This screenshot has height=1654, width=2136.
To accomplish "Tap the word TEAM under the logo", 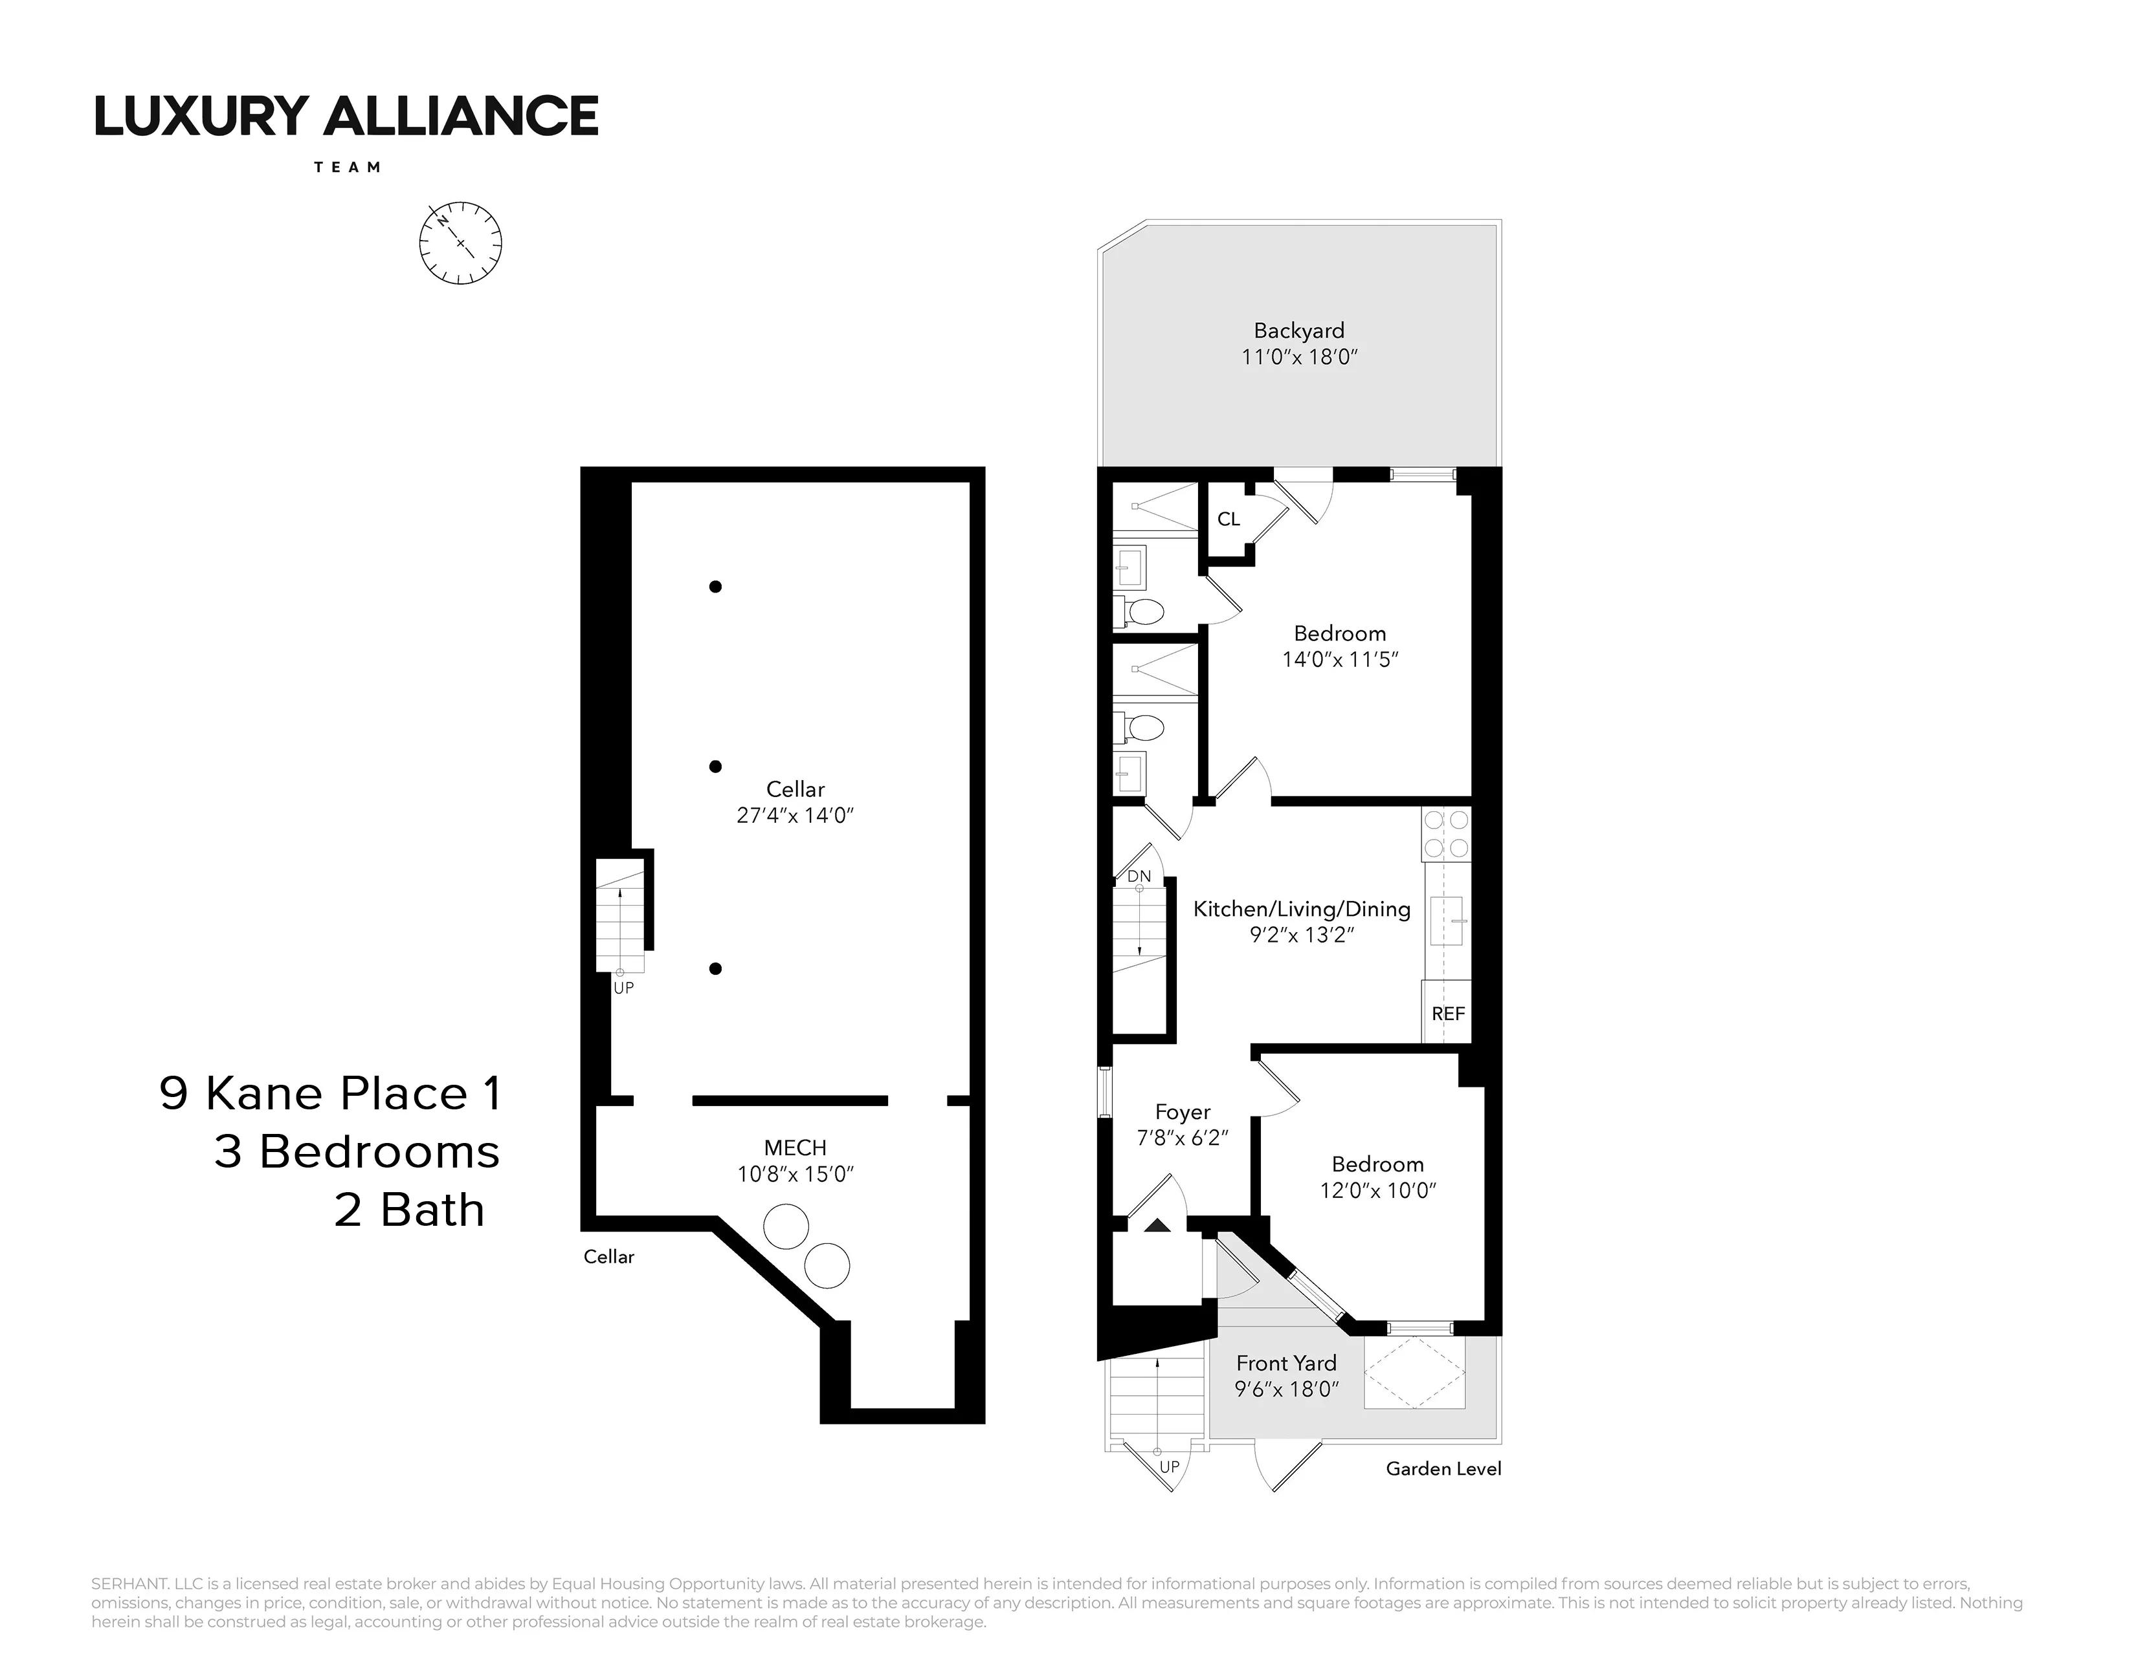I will (347, 167).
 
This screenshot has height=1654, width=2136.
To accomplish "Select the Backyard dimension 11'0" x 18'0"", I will (1299, 357).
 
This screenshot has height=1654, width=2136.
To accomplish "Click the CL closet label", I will (1229, 519).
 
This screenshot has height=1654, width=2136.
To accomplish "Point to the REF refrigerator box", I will (1447, 1014).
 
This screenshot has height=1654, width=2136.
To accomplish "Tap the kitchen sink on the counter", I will (1447, 921).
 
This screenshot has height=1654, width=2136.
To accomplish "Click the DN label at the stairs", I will (1139, 876).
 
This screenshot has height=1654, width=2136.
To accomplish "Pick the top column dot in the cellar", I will (716, 587).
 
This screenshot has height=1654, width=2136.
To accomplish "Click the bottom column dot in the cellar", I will (716, 969).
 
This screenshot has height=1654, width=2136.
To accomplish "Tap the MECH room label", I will (795, 1148).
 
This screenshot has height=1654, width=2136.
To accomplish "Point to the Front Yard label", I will (1286, 1363).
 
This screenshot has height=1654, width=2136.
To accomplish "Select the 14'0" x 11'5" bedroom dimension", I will (1340, 660).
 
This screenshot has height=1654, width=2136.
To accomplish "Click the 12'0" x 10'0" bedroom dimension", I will (1377, 1191).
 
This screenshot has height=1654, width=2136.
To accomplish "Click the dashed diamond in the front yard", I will (1415, 1373).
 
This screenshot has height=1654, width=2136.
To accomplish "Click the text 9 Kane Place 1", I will (331, 1093).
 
